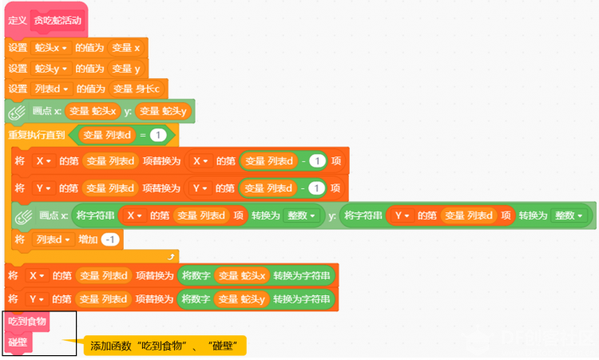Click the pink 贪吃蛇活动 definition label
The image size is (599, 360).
coord(57,21)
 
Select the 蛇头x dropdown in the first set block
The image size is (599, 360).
coord(50,48)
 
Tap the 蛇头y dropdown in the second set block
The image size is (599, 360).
coord(50,69)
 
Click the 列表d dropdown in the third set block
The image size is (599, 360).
coord(50,89)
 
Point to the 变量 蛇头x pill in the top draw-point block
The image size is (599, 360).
coord(93,111)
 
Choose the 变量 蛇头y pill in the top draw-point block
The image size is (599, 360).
coord(164,111)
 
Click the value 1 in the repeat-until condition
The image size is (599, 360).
coord(157,135)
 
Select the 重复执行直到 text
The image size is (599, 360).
coord(36,135)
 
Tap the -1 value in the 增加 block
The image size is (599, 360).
coord(111,239)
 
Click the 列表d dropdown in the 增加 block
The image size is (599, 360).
coord(53,239)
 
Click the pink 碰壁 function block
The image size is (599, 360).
coord(18,342)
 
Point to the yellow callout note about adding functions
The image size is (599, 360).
coord(165,346)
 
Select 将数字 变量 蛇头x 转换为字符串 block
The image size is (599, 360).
coord(256,276)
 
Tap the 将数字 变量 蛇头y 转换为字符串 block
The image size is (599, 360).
coord(256,299)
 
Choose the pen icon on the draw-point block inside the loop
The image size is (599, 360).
coord(25,216)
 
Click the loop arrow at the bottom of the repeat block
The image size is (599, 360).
coord(170,255)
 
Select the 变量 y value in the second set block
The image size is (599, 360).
coord(125,69)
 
